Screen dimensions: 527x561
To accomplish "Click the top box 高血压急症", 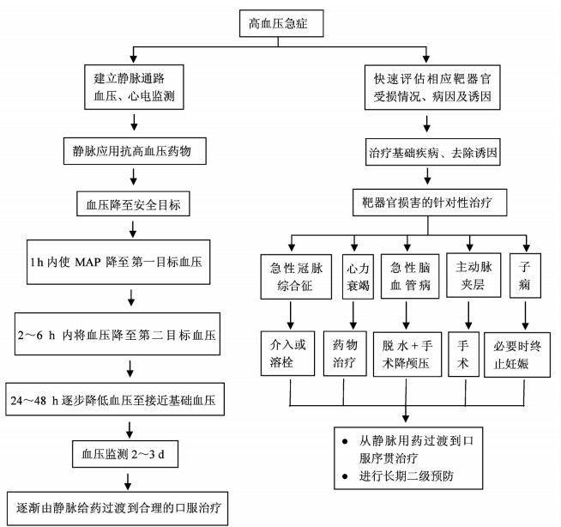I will click(280, 23).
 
